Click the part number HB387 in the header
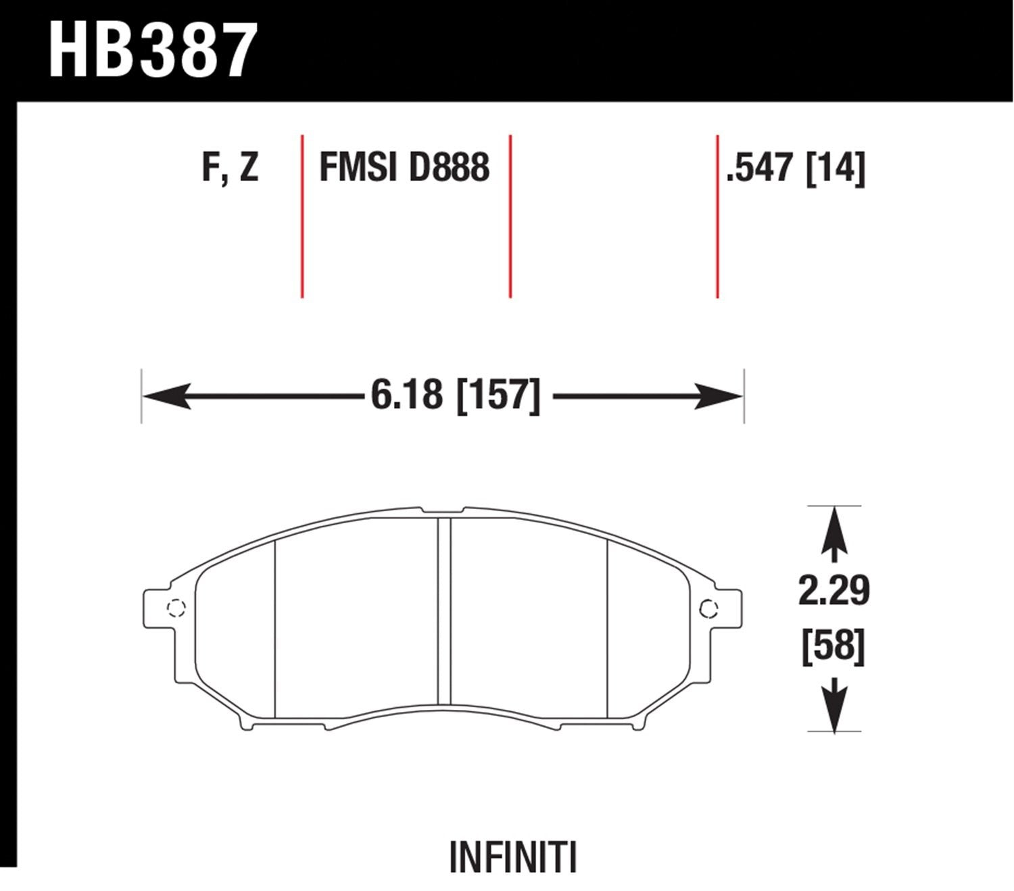point(153,51)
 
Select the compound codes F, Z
point(230,167)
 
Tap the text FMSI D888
point(404,167)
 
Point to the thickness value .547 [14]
point(794,167)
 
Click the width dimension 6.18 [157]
point(456,395)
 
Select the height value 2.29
point(834,592)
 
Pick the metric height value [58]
point(834,646)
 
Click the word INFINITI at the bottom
point(513,859)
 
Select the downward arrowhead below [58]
point(834,713)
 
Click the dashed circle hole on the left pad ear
point(176,608)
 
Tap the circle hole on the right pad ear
point(708,608)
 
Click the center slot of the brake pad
point(444,612)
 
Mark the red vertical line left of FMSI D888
point(301,216)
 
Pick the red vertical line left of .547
point(717,216)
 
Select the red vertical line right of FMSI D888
point(510,216)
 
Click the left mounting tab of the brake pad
point(157,608)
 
